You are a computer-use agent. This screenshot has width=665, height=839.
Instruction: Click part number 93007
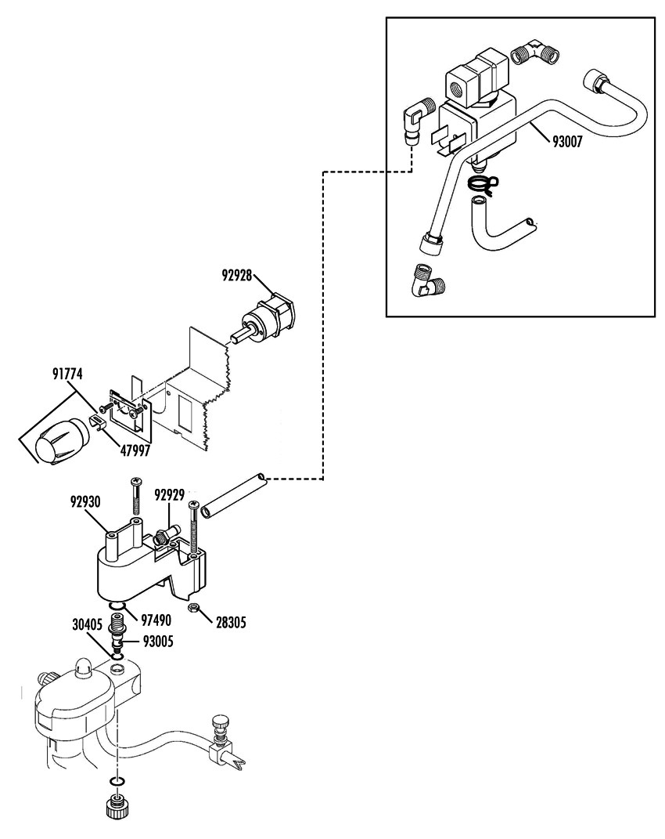pos(566,142)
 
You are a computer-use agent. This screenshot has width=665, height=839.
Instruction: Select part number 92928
pos(237,276)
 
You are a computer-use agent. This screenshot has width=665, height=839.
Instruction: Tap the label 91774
pos(67,374)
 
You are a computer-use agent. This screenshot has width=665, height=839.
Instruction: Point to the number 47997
pos(135,450)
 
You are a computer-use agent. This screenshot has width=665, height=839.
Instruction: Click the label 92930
pos(85,501)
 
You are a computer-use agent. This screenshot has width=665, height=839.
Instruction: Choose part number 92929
pos(170,494)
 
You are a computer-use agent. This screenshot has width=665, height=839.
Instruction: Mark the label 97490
pos(156,620)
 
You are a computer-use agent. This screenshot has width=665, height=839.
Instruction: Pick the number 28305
pos(231,622)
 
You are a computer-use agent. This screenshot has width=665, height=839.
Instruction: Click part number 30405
pos(88,624)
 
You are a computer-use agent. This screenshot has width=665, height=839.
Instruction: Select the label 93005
pos(158,641)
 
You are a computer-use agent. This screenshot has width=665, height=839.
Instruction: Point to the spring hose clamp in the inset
pos(483,183)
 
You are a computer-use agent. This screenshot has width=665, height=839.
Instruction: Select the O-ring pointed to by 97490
pos(116,606)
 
